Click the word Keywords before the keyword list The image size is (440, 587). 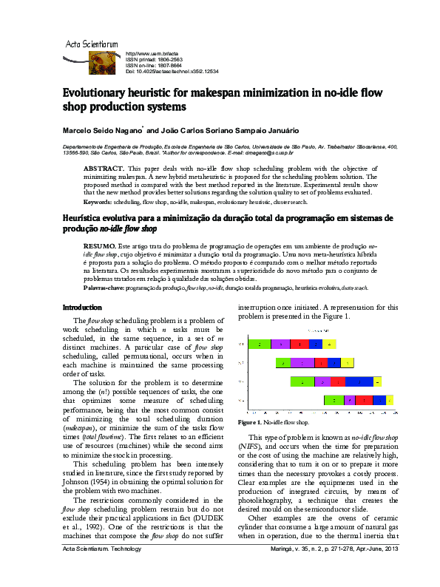(x=97, y=201)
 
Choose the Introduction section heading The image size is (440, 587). (x=82, y=307)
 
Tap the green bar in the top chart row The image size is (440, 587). (x=259, y=344)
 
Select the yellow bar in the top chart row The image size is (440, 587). (x=331, y=344)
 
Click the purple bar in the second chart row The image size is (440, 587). (x=302, y=362)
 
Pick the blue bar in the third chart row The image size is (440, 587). (x=359, y=381)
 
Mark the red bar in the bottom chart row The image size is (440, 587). (x=363, y=400)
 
